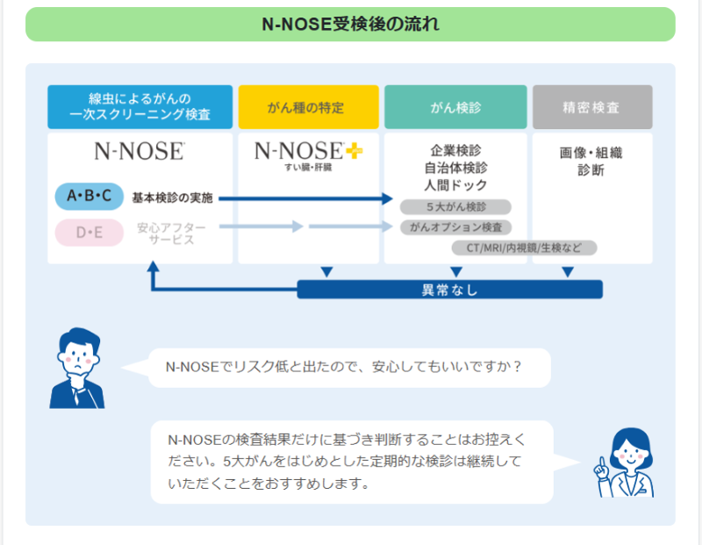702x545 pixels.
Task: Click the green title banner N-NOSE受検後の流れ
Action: pos(350,25)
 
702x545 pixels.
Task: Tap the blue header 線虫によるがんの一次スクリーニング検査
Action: pos(140,107)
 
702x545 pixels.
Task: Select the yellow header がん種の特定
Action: pos(309,107)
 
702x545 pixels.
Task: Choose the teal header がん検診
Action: pos(455,107)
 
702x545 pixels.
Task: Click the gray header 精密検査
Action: pos(592,107)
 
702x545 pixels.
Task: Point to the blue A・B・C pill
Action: pos(90,196)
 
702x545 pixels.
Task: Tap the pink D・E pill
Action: pos(90,233)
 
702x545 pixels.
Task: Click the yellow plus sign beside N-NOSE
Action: pos(355,151)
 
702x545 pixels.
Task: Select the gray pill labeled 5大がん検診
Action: pos(455,207)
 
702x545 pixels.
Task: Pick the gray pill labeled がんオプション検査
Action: pos(455,227)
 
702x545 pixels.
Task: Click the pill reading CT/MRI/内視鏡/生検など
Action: pos(524,247)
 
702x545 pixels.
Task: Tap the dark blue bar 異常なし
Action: pos(450,290)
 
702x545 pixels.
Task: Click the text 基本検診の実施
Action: pos(172,198)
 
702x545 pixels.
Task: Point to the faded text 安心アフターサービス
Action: pos(171,233)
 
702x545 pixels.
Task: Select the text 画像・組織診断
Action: pos(591,161)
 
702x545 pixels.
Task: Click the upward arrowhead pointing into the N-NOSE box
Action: pos(153,266)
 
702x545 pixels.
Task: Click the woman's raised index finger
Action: pos(602,461)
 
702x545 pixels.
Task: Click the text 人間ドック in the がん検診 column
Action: pos(455,185)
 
